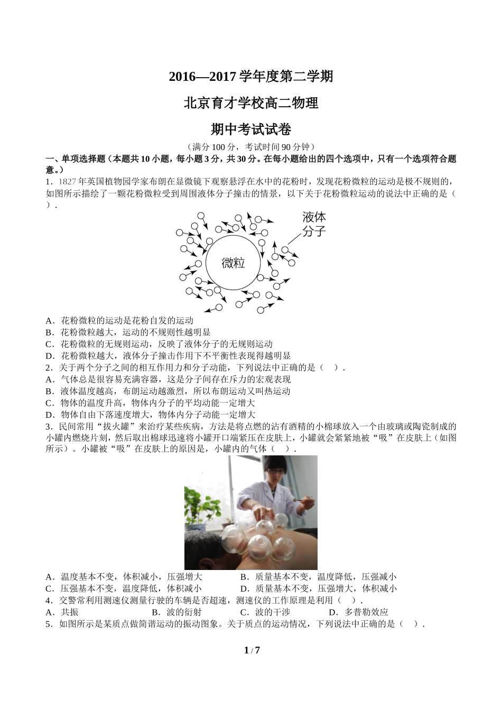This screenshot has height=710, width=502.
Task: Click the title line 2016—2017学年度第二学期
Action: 250,77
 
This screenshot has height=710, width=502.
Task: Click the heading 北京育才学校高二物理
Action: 250,103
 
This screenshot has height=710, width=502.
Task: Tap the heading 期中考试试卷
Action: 250,129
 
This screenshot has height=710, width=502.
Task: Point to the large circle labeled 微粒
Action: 233,263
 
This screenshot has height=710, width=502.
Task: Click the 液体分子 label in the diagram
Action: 314,224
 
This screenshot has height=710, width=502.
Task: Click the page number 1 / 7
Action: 252,650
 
